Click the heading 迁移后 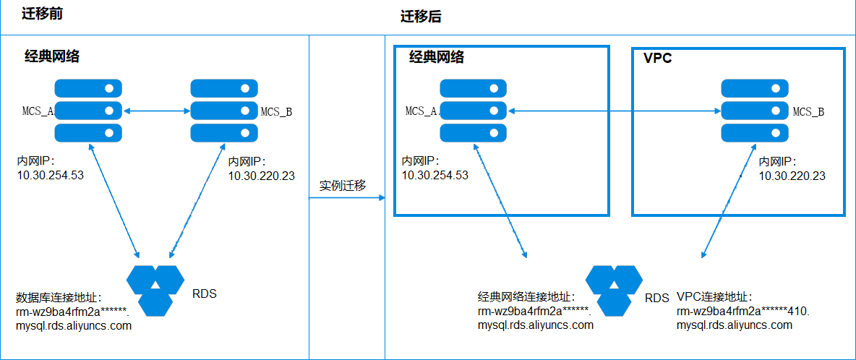coord(421,17)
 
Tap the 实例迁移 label coord(343,186)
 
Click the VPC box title coord(657,58)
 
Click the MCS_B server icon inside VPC coord(753,111)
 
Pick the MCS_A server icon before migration coord(88,111)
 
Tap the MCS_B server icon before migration coord(223,111)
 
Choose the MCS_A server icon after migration coord(474,111)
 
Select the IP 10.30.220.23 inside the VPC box coord(792,176)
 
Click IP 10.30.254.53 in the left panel coord(51,175)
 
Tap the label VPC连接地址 coord(714,297)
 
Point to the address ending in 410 coord(742,312)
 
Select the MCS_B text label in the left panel coord(276,111)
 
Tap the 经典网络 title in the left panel coord(52,57)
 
